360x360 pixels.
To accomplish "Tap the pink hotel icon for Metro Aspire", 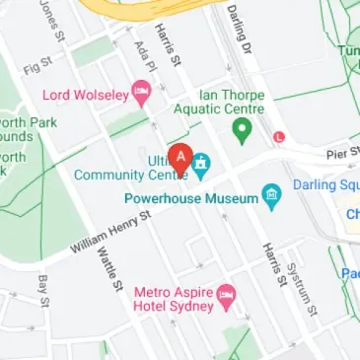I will click(226, 292).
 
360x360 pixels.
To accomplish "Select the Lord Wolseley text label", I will click(87, 96).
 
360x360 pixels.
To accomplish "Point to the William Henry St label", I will click(111, 232).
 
